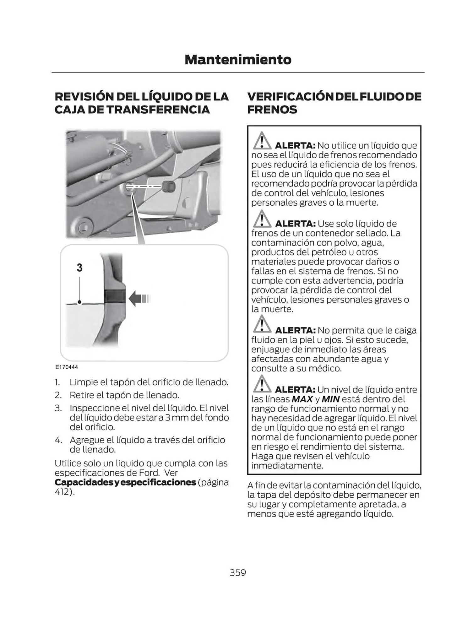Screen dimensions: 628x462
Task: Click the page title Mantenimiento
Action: [238, 60]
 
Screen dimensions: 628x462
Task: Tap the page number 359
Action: [238, 572]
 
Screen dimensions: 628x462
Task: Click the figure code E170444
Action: [67, 367]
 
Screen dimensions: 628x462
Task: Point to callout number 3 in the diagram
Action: [79, 268]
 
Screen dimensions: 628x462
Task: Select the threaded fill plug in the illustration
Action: [169, 186]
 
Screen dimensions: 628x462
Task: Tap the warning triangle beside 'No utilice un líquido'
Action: [262, 141]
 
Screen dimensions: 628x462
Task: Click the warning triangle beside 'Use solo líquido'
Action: [262, 219]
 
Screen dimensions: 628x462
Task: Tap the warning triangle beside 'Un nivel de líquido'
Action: [262, 384]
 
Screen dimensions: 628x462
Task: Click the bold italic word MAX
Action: [302, 399]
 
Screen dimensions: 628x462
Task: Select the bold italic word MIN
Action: [330, 399]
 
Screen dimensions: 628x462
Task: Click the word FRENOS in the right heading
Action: [272, 110]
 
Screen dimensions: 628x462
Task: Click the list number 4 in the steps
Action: [58, 440]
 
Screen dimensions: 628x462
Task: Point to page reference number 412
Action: [62, 492]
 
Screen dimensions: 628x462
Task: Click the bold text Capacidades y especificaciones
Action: [125, 482]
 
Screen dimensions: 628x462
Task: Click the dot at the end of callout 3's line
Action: [80, 302]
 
